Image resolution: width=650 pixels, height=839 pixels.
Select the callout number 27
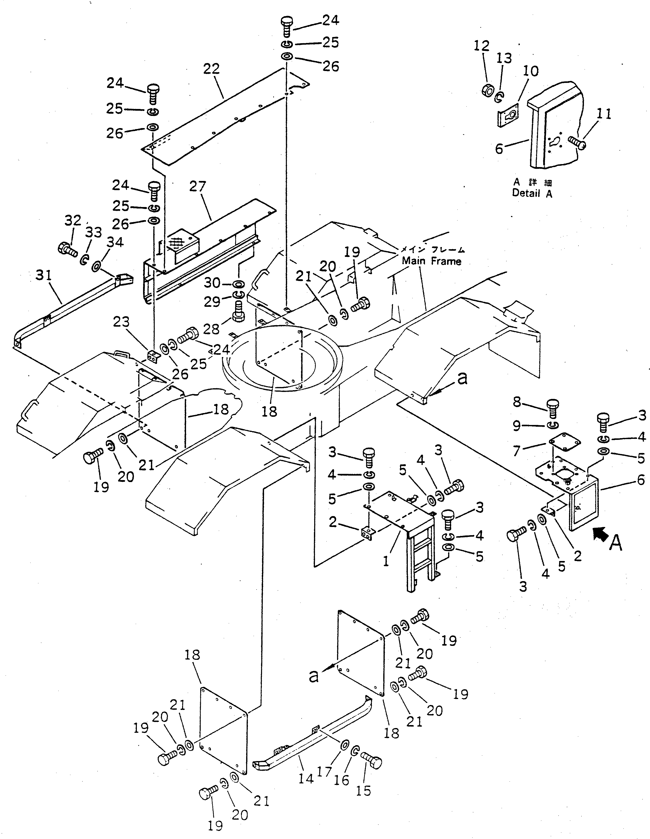click(x=198, y=187)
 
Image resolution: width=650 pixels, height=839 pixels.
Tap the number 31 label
click(x=43, y=276)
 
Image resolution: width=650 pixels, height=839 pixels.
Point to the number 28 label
click(x=211, y=329)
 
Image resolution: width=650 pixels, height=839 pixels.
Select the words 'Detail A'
click(x=532, y=193)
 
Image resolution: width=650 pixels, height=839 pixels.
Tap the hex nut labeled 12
click(x=488, y=91)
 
